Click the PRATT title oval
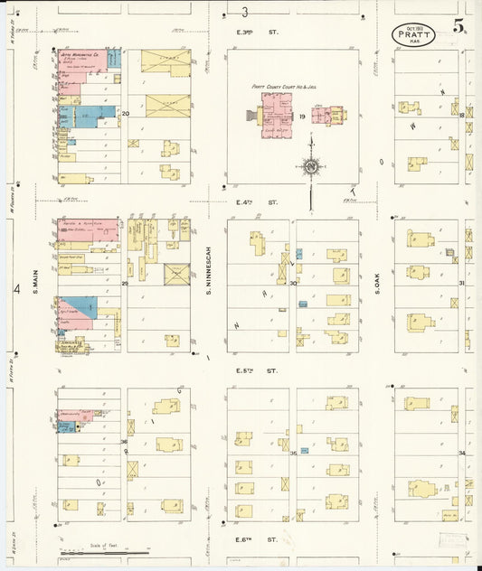413,33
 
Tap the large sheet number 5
460,25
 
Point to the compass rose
310,166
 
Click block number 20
126,113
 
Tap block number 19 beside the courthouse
302,117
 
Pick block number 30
293,283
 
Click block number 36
124,441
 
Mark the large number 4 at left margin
16,289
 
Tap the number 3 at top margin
245,12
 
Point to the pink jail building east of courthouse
327,116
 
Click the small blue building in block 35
305,450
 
